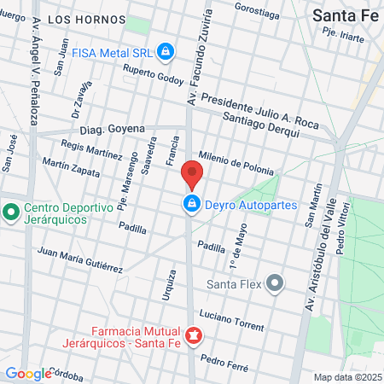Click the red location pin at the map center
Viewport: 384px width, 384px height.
click(x=192, y=175)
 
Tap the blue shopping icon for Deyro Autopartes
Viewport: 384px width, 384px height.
click(x=192, y=204)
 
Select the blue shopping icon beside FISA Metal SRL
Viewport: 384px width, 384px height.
click(x=166, y=53)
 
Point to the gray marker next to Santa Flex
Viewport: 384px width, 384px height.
click(x=274, y=282)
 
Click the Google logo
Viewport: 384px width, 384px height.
click(x=27, y=373)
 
